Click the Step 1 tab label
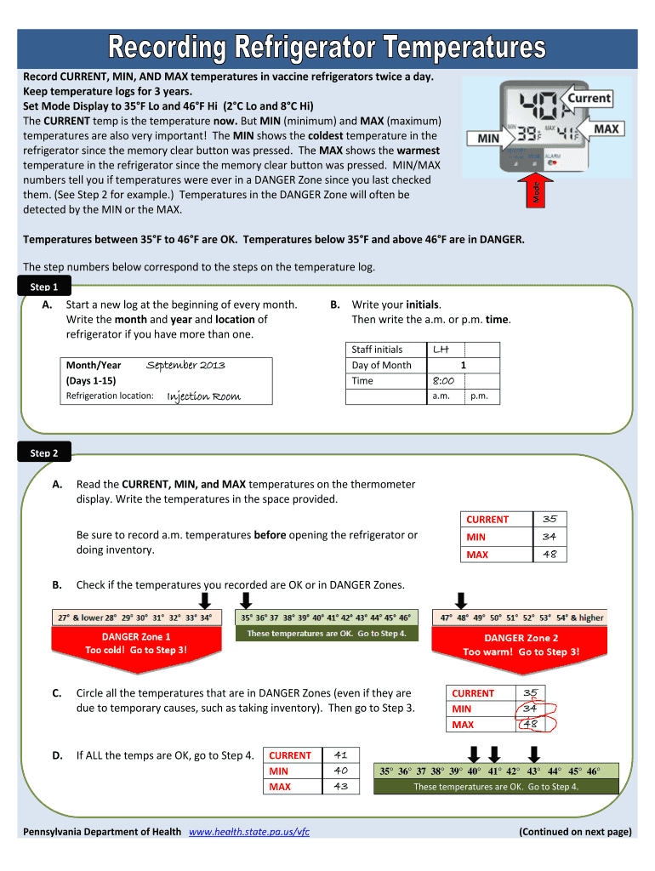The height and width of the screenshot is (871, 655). click(44, 287)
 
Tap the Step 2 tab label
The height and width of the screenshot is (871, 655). click(44, 453)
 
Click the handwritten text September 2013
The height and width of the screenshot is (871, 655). click(185, 365)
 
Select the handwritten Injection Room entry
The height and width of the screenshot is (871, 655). click(203, 396)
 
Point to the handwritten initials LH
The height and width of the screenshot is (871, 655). click(441, 349)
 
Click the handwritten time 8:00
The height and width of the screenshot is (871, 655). click(441, 381)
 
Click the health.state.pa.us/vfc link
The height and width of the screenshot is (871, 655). click(248, 831)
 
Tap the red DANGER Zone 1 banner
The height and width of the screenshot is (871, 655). click(136, 644)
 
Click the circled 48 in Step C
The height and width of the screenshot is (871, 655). click(531, 724)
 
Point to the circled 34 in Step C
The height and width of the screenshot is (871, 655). click(530, 708)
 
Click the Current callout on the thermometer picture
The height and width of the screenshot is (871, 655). click(589, 99)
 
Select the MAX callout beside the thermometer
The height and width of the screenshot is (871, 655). click(606, 128)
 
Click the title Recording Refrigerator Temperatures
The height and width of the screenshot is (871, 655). click(327, 48)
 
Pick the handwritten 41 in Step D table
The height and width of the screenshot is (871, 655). click(341, 754)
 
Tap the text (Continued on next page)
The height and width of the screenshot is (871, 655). click(575, 831)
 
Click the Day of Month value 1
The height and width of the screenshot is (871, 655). click(463, 365)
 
